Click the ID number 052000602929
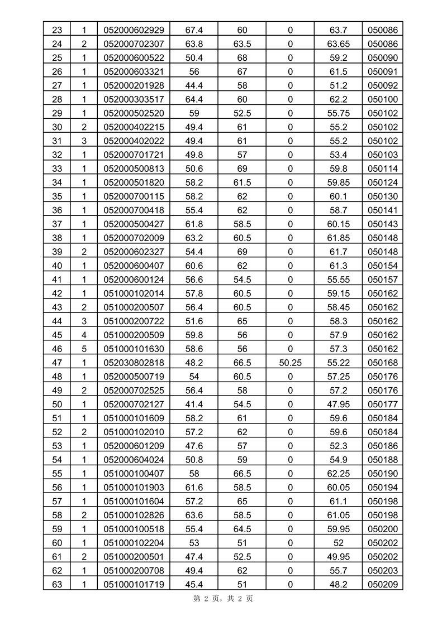134,30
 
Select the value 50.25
290,363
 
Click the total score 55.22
339,363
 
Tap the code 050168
383,363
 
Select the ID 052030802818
134,363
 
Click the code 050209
383,584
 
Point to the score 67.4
193,30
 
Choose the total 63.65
339,44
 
